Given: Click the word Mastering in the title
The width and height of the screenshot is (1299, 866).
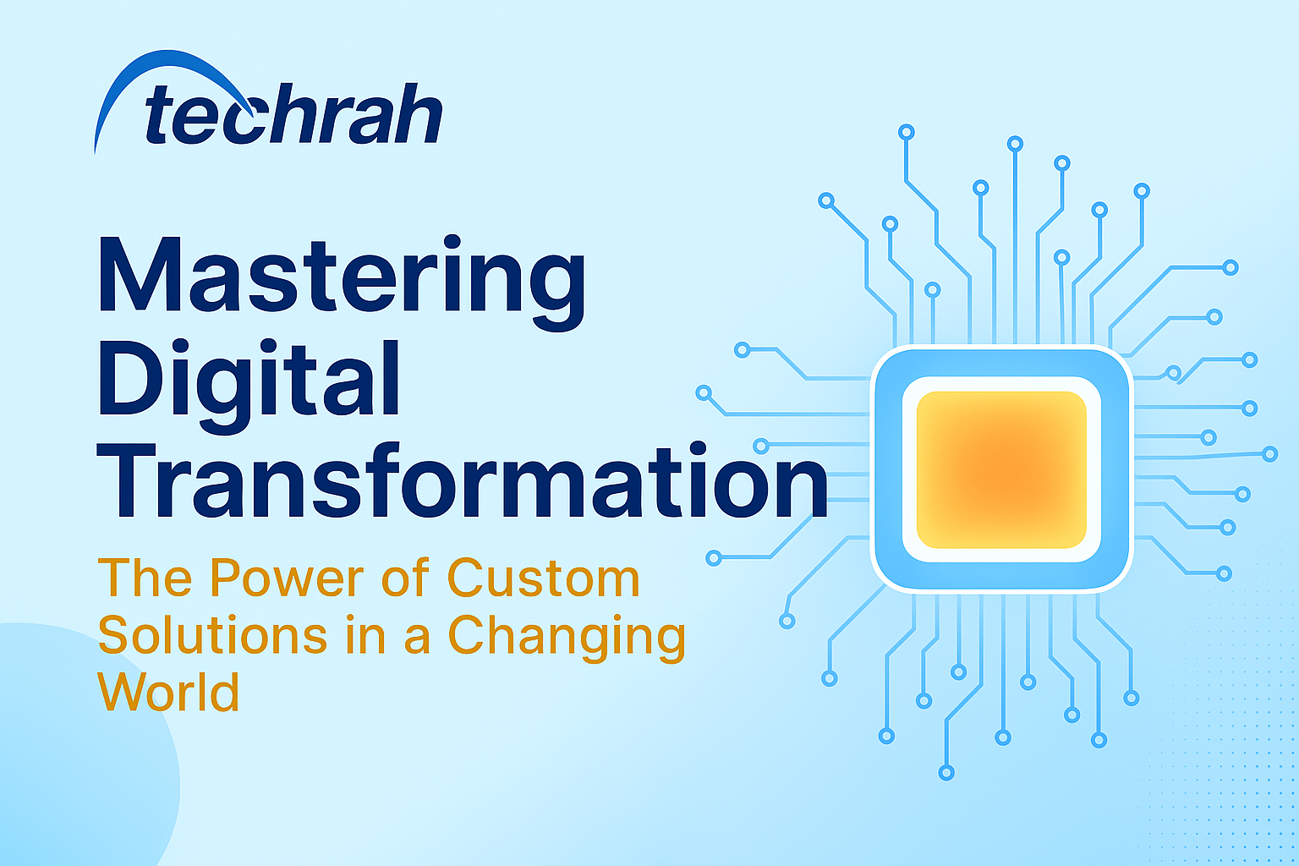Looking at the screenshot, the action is tap(342, 282).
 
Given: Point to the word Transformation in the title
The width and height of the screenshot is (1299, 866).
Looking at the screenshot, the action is tap(463, 480).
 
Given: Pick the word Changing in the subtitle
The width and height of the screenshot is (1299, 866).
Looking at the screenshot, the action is tap(567, 639).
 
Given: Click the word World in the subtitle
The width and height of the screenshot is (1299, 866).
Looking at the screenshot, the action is tap(168, 692).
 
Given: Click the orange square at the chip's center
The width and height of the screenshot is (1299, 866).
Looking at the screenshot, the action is tap(1001, 470).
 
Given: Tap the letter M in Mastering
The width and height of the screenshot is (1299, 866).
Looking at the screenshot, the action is tap(140, 274).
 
